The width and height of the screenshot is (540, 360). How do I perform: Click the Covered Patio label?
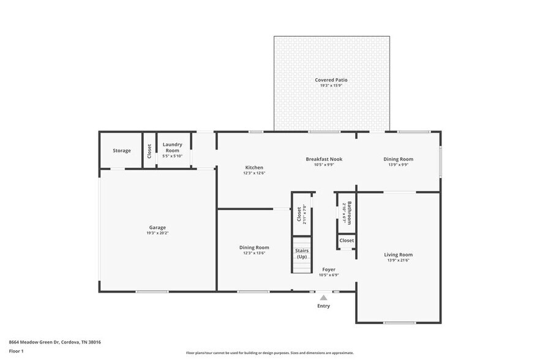[x=331, y=80]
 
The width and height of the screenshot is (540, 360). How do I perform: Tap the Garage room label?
[x=157, y=227]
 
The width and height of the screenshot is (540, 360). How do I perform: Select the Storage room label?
[x=121, y=151]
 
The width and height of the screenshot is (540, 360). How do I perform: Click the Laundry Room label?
[x=172, y=148]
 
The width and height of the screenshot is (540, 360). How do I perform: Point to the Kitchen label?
[x=254, y=168]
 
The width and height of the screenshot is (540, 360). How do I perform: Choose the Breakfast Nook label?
[x=324, y=159]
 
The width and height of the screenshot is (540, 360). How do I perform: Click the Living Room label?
[x=398, y=255]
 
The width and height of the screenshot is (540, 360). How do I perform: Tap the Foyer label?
[x=329, y=269]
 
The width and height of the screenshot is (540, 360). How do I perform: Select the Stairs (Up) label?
[x=302, y=253]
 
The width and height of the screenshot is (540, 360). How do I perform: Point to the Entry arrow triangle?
[x=323, y=298]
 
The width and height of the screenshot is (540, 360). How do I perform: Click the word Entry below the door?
[x=323, y=306]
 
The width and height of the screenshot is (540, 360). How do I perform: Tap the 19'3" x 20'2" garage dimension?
[x=157, y=233]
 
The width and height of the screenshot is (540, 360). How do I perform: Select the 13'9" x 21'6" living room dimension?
[x=398, y=261]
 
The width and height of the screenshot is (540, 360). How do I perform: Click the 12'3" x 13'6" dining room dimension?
[x=254, y=253]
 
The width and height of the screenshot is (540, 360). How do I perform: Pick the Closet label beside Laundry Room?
[x=149, y=150]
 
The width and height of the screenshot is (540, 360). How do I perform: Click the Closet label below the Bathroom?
[x=347, y=241]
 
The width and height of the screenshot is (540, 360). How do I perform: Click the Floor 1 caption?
[x=16, y=351]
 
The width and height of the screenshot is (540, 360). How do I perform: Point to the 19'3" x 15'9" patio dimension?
[x=331, y=86]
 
